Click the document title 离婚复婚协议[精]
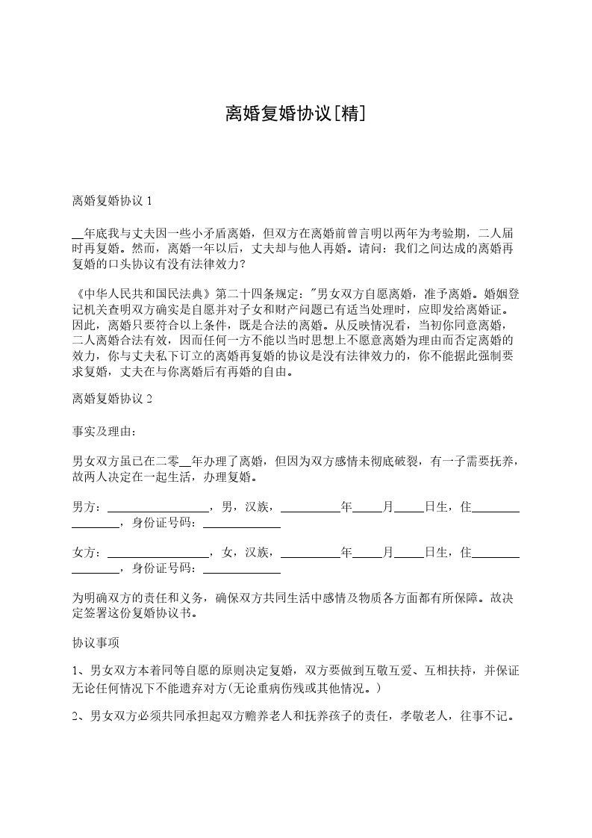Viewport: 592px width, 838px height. pyautogui.click(x=296, y=114)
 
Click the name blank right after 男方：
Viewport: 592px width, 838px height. pyautogui.click(x=159, y=508)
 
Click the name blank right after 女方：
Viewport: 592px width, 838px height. pyautogui.click(x=159, y=553)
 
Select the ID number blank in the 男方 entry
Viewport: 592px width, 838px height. pyautogui.click(x=242, y=524)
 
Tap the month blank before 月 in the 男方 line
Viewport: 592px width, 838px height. pyautogui.click(x=367, y=508)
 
